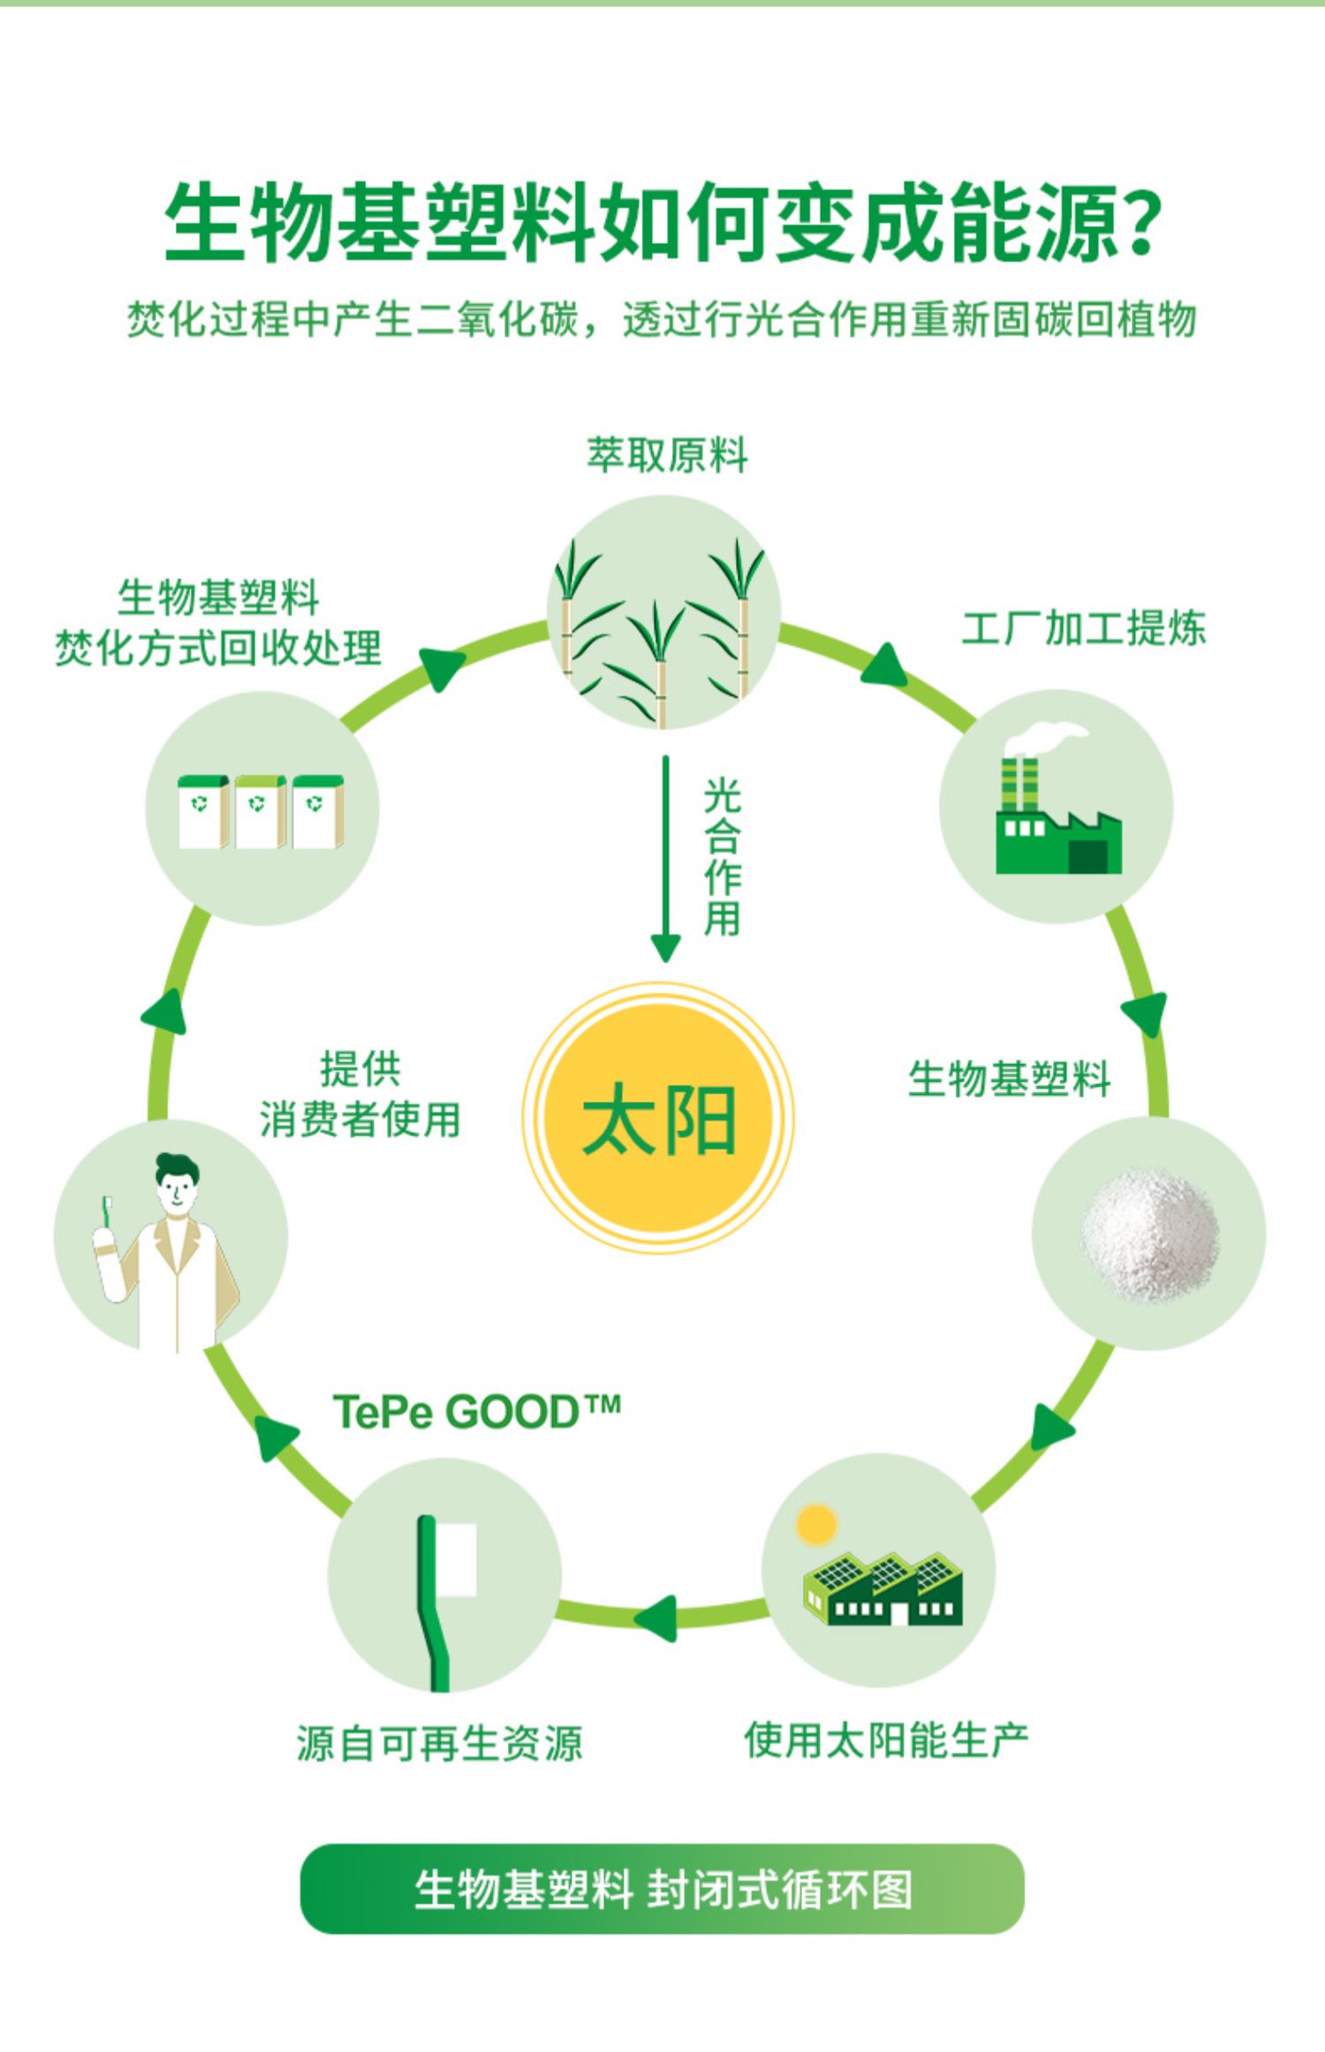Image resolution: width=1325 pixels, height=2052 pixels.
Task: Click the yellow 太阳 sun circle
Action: click(x=659, y=1119)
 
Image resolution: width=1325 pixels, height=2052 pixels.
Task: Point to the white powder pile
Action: click(x=1148, y=1234)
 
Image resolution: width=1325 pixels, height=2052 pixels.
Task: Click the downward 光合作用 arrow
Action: click(x=665, y=857)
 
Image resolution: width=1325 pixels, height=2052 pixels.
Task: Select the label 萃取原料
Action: click(x=667, y=455)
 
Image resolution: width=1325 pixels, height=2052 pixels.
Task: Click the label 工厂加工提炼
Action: click(x=1083, y=629)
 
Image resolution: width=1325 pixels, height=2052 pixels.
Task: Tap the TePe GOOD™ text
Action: click(x=476, y=1411)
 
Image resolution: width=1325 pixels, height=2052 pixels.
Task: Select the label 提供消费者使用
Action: click(x=360, y=1095)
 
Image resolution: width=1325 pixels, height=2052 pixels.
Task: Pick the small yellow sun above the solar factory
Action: click(x=815, y=1525)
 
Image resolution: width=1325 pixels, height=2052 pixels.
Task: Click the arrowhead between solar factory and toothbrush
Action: click(x=656, y=1618)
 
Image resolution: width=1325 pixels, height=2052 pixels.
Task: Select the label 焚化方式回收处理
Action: click(x=218, y=649)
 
